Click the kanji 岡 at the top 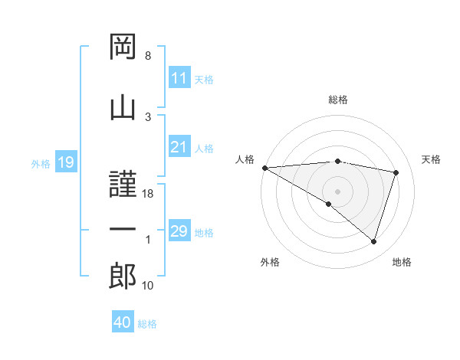123,48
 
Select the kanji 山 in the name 123,108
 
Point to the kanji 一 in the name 123,231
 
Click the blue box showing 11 179,78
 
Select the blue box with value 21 179,147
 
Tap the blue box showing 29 179,231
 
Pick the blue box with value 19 65,162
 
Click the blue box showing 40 123,322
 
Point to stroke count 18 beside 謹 149,195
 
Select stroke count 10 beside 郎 149,286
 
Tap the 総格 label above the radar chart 338,100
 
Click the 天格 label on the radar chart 432,159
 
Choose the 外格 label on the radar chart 270,262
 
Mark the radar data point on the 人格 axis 264,167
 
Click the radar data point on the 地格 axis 374,241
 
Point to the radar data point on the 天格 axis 396,172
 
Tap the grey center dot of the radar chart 337,191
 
